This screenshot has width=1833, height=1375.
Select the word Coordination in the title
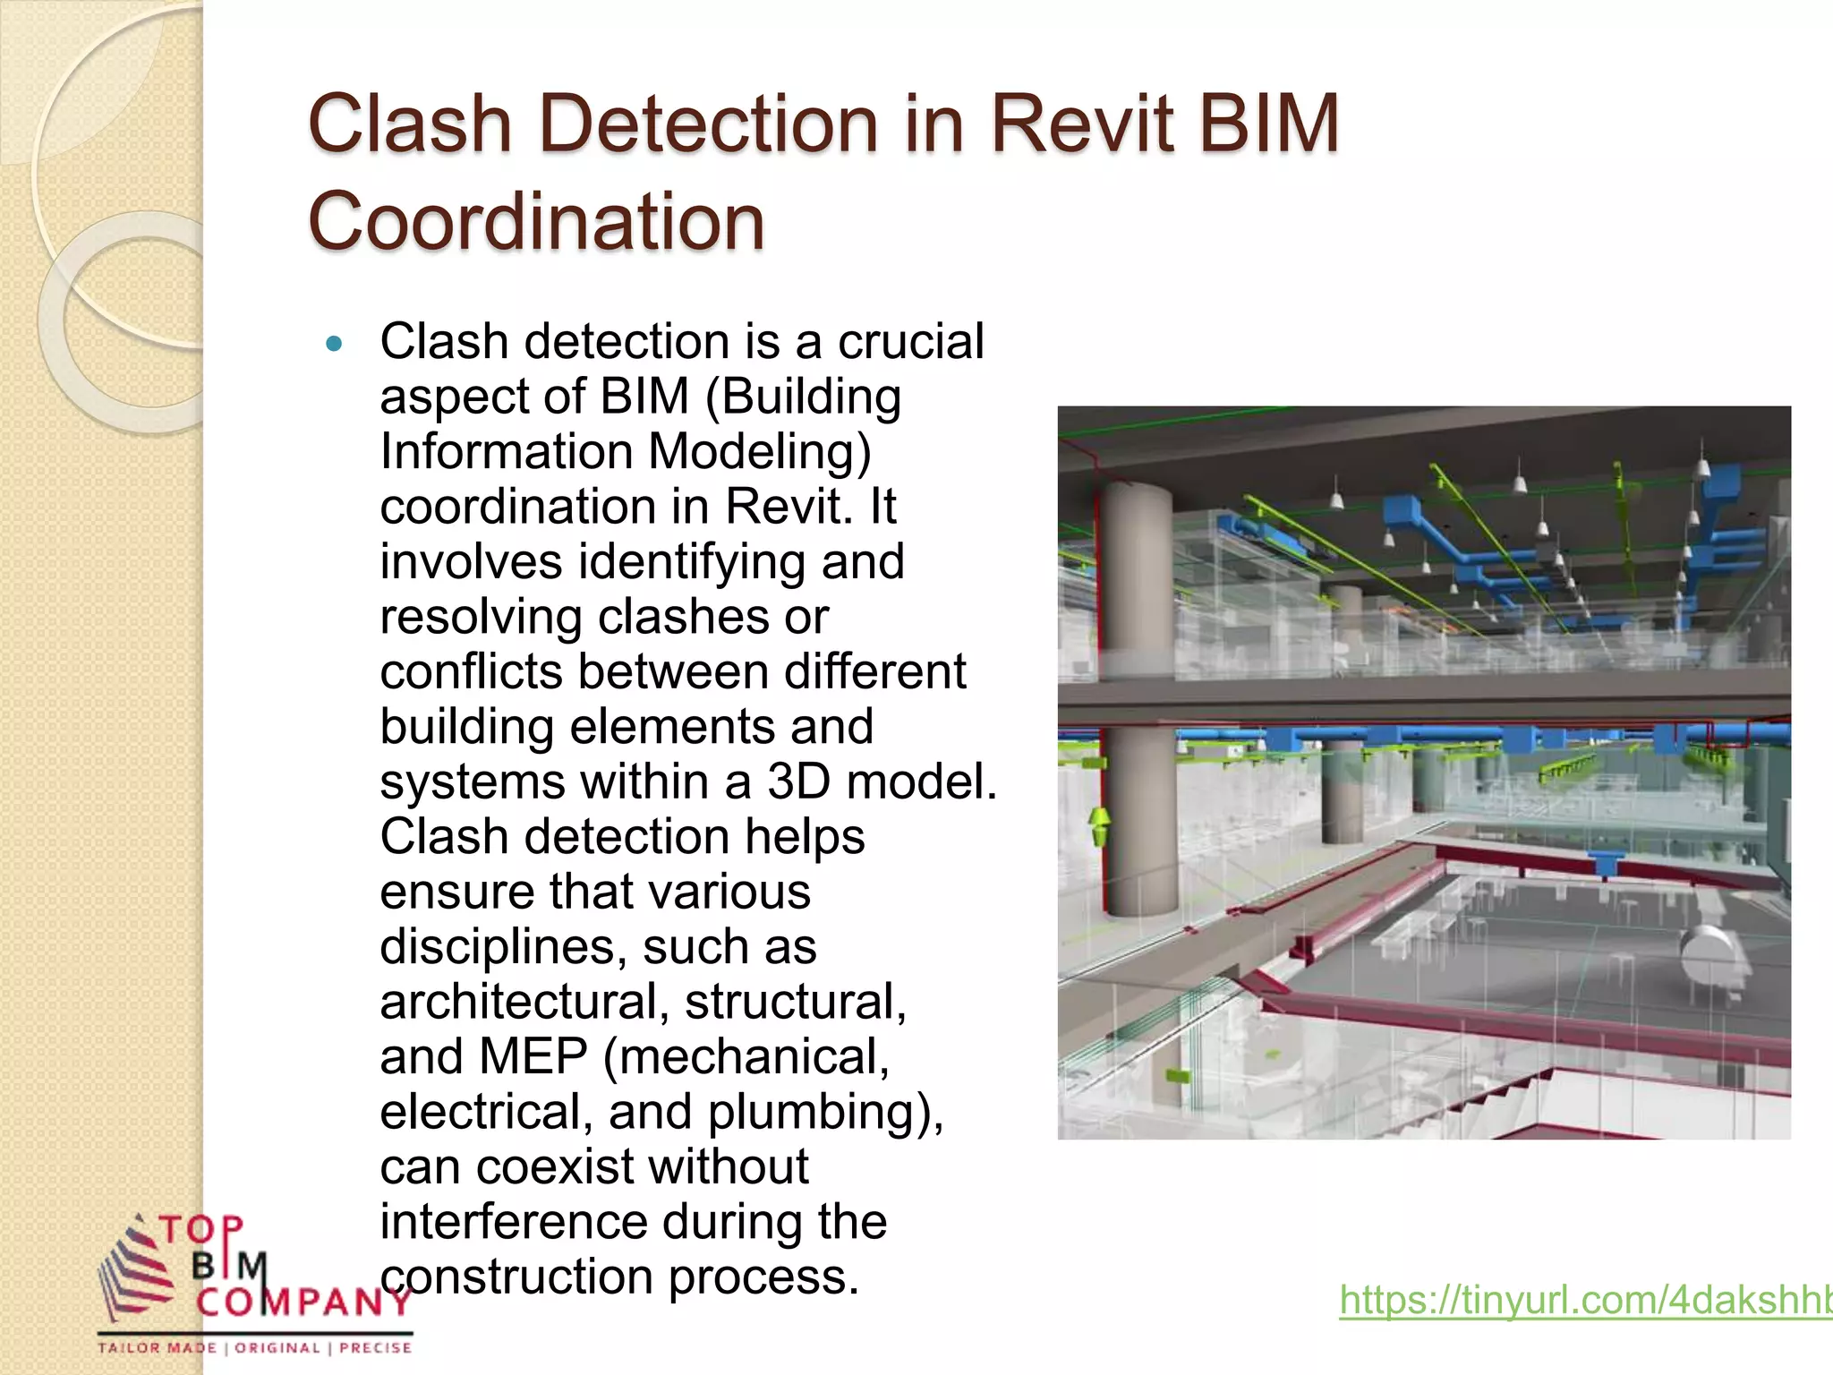pos(536,221)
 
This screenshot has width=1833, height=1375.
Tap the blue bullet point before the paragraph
pos(335,343)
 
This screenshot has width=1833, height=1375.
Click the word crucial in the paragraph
pos(910,342)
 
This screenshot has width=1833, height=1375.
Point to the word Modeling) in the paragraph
pos(759,451)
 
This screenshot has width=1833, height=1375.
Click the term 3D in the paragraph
pos(798,781)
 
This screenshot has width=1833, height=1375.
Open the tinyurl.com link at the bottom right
pos(1585,1300)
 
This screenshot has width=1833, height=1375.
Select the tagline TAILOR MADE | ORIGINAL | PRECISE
pos(255,1348)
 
